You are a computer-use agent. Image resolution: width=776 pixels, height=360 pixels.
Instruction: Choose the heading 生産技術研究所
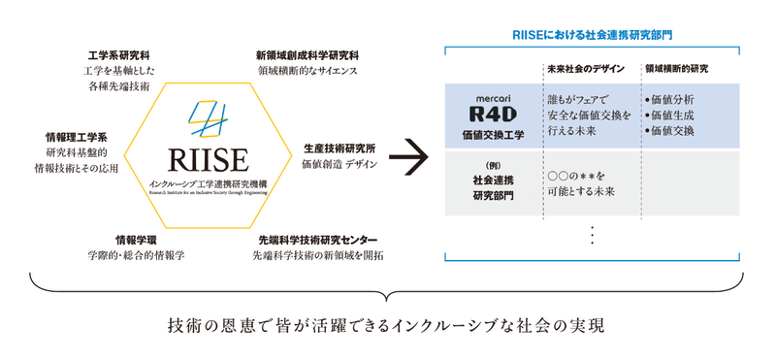339,148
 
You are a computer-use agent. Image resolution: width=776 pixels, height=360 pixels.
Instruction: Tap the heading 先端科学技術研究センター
316,238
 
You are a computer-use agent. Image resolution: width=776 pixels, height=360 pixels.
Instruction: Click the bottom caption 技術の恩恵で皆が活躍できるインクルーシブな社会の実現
387,322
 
